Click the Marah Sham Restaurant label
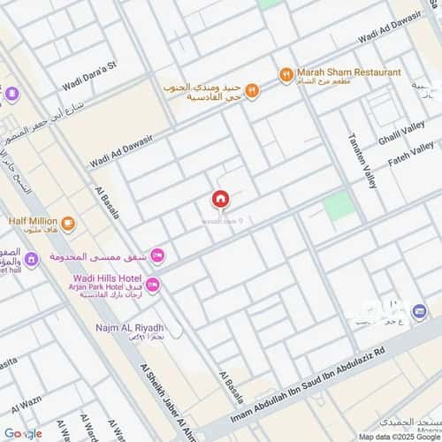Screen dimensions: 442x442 pyautogui.click(x=348, y=72)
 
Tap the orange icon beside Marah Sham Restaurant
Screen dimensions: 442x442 pyautogui.click(x=286, y=75)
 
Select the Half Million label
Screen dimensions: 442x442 pyautogui.click(x=34, y=220)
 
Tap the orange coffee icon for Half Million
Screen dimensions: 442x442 pyautogui.click(x=68, y=221)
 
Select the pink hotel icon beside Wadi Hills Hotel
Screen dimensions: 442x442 pyautogui.click(x=153, y=284)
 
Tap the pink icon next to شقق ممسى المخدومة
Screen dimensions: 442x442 pyautogui.click(x=157, y=255)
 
